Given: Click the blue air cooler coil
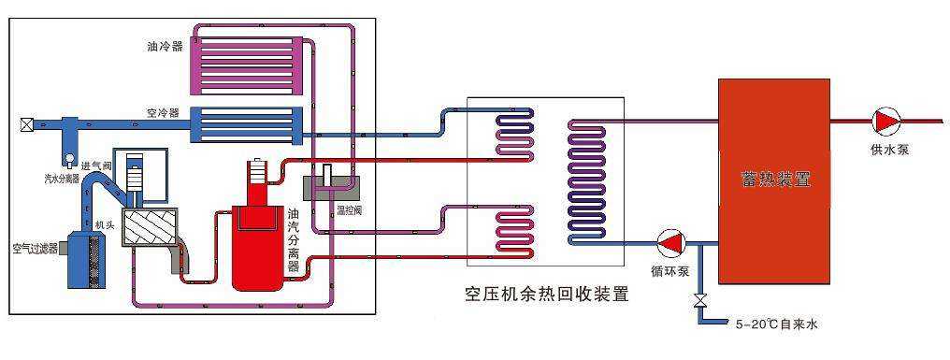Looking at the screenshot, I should (x=246, y=122).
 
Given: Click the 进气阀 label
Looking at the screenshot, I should (x=96, y=165).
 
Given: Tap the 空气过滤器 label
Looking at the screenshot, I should (x=35, y=248).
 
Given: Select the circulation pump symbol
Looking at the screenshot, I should (x=670, y=243).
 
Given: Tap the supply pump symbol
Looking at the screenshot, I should (x=885, y=121).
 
